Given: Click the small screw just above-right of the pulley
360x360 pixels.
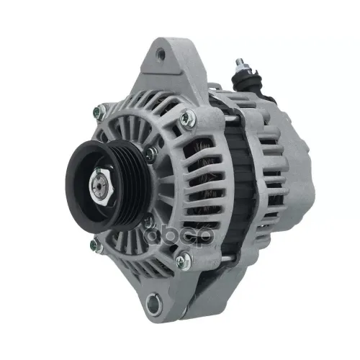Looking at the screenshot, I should (x=149, y=153).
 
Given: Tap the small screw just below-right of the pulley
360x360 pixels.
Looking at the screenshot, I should (x=148, y=220).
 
